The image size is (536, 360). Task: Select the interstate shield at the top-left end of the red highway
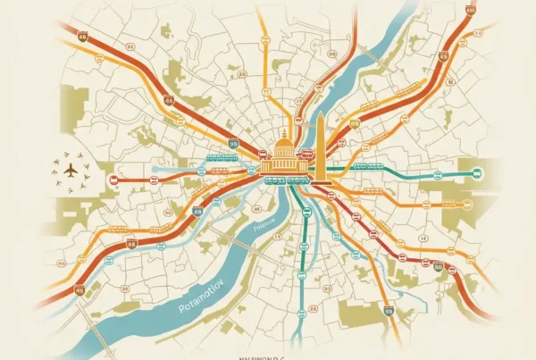82,38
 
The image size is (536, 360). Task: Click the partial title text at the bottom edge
268,356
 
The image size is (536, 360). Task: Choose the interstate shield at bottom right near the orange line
389,311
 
